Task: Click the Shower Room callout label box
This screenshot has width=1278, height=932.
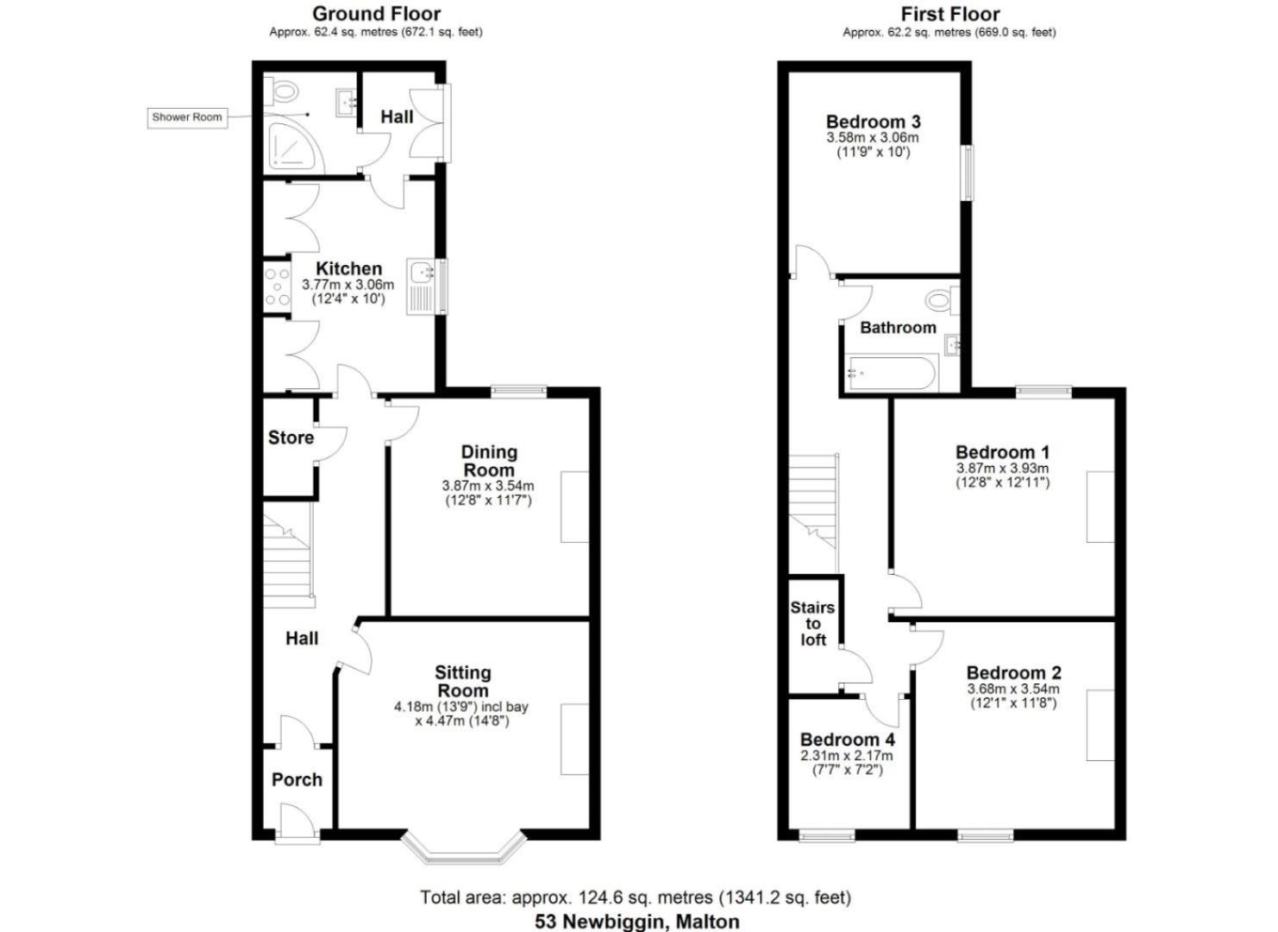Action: (188, 117)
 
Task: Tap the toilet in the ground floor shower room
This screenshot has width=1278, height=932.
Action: (282, 89)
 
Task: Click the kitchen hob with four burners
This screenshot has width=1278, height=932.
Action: (277, 287)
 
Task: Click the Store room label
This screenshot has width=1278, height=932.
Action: (291, 438)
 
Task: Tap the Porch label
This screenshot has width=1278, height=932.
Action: (297, 780)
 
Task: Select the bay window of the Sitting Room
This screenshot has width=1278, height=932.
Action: (464, 849)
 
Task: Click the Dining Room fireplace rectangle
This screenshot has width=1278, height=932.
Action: (575, 507)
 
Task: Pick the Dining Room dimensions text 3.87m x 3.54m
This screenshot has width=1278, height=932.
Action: (488, 487)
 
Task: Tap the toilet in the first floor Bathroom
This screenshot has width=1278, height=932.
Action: (939, 301)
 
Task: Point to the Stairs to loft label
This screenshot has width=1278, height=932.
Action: (812, 624)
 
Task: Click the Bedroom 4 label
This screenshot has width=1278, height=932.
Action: (847, 740)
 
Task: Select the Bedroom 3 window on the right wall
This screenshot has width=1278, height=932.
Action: (968, 173)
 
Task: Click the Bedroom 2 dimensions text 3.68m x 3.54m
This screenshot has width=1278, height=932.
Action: (1013, 690)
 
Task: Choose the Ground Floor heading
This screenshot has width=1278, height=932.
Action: (376, 14)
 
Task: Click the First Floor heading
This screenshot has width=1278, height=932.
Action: (949, 14)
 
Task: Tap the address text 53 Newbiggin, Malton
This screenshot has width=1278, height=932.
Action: (636, 921)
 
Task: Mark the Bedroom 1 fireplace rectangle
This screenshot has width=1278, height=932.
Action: (1100, 507)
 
